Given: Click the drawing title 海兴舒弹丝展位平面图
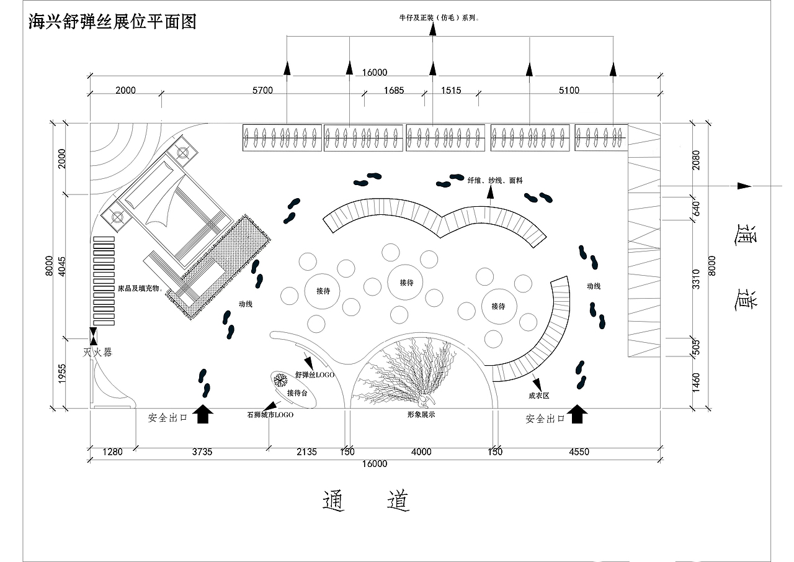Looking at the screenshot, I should click(x=112, y=22).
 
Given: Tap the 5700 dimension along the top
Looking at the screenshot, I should click(x=262, y=91).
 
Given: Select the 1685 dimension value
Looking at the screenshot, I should click(x=393, y=91).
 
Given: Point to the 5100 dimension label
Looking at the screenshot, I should click(x=569, y=91).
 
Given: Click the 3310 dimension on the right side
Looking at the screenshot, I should click(x=696, y=279).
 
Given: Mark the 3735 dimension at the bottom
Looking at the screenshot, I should click(x=202, y=452).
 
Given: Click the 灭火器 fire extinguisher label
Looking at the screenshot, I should click(x=98, y=353).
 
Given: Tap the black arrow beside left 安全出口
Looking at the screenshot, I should click(x=202, y=414).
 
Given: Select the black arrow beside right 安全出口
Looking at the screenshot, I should click(x=578, y=414).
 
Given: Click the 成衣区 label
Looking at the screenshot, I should click(x=539, y=396).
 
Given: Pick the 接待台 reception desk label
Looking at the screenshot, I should click(x=297, y=393).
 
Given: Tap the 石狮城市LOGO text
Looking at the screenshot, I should click(x=270, y=414).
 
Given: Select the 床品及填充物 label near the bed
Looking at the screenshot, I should click(x=140, y=289).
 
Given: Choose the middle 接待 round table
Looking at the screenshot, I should click(x=406, y=283).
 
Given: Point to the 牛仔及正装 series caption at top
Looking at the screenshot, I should click(x=439, y=19).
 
